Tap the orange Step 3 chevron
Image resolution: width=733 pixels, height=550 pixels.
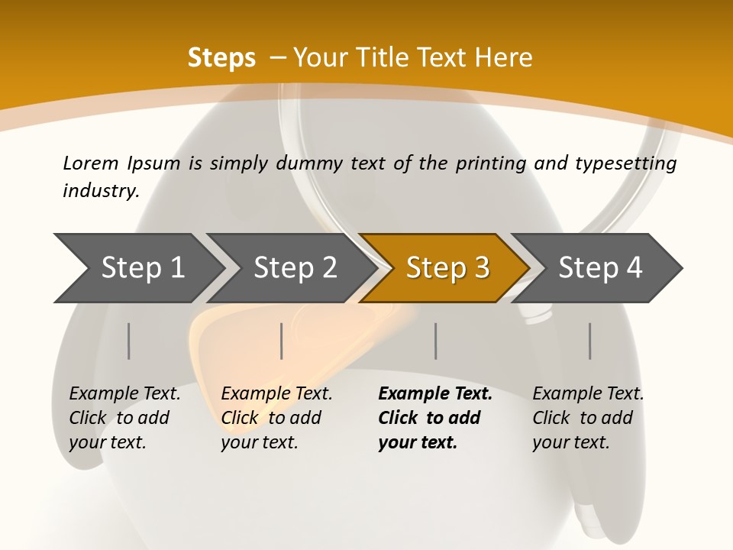point(447,267)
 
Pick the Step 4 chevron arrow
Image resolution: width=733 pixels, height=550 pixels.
point(599,267)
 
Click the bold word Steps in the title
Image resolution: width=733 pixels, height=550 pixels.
point(221,58)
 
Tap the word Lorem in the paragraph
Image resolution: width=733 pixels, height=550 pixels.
point(91,163)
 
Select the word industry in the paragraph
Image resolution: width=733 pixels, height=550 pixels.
point(101,191)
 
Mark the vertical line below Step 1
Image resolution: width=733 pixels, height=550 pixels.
point(129,341)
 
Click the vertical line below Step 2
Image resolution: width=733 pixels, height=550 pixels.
point(282,341)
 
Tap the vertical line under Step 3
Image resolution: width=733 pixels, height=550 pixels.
point(436,341)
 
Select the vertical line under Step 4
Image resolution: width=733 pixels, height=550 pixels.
point(590,341)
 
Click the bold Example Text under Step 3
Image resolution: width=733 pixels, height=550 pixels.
point(435,394)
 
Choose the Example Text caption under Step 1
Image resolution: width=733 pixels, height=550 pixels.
point(124,394)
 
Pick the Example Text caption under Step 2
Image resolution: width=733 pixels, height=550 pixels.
point(276,394)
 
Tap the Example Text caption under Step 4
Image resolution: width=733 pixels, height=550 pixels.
point(588,394)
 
